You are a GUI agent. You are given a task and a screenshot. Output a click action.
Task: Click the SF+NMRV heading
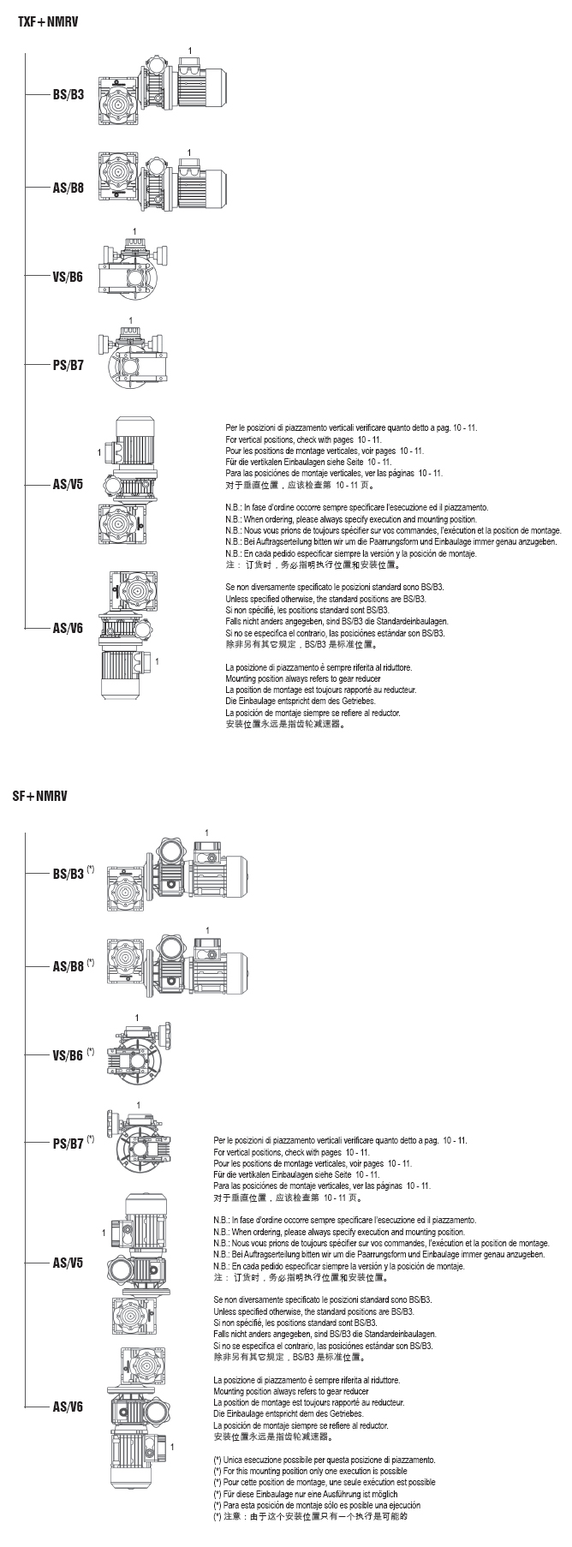tap(39, 796)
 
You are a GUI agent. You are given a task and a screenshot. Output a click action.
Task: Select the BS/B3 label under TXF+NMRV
tap(69, 95)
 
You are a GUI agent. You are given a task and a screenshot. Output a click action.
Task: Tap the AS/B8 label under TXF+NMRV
tap(69, 186)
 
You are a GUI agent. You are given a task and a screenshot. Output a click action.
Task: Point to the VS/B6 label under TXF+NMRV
tap(68, 277)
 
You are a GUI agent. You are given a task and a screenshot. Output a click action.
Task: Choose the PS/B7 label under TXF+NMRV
tap(69, 365)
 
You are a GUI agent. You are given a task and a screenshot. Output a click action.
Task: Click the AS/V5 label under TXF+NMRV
tap(69, 484)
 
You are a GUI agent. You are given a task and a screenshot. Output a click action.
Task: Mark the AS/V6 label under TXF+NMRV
tap(69, 628)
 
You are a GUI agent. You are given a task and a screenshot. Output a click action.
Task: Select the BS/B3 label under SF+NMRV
tap(69, 875)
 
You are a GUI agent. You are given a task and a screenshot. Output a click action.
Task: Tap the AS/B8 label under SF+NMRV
tap(69, 966)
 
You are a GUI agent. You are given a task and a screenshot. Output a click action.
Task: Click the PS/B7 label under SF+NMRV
tap(69, 1144)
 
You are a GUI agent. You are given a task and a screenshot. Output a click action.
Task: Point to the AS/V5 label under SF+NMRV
tap(69, 1263)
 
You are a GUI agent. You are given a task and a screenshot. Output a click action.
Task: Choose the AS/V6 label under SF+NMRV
tap(69, 1407)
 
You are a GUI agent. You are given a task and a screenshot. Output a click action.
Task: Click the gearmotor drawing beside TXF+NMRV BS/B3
tap(161, 93)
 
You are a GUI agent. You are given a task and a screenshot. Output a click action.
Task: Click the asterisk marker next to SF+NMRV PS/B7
tap(91, 1138)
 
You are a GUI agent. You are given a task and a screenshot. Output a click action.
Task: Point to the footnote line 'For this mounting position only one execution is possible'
tap(309, 1471)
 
